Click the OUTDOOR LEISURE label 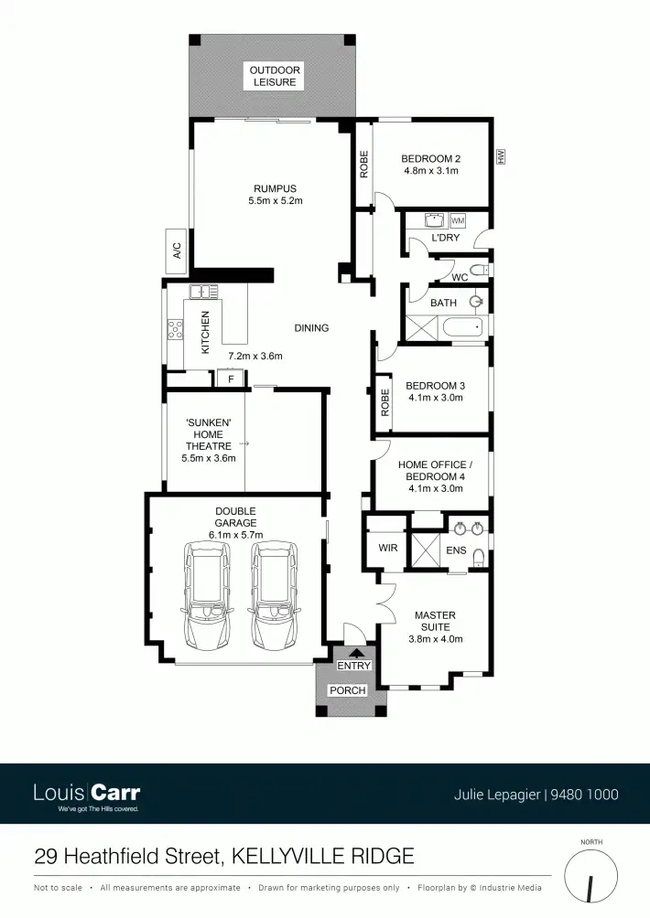click(x=275, y=76)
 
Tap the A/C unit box click(x=177, y=251)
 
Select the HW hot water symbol click(x=501, y=157)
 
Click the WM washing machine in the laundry click(x=458, y=221)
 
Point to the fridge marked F click(x=231, y=379)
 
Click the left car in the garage click(x=207, y=593)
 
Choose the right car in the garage click(x=273, y=593)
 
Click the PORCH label click(x=353, y=690)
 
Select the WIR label click(x=387, y=549)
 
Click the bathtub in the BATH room click(x=458, y=327)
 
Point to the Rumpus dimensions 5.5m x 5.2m click(x=275, y=200)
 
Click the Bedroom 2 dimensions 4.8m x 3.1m click(x=430, y=171)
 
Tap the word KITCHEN click(x=206, y=332)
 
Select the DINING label click(x=311, y=327)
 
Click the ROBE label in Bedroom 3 click(x=385, y=403)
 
